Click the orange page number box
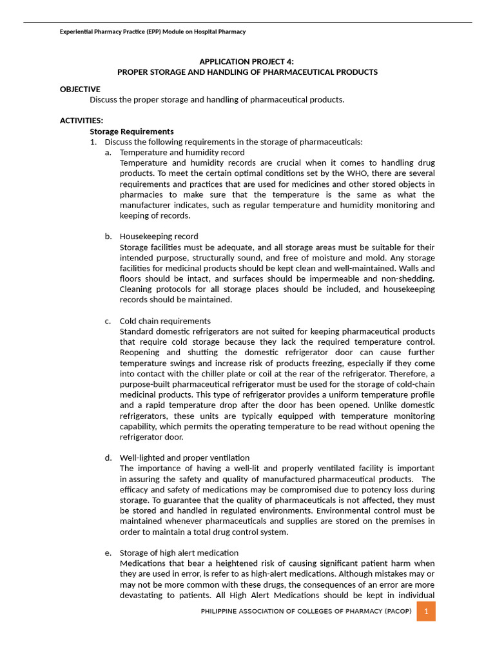[426, 611]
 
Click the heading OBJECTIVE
[80, 89]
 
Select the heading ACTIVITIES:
[81, 121]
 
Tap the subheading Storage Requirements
[131, 131]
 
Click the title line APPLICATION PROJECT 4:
[247, 61]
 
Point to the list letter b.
[108, 237]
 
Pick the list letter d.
[108, 458]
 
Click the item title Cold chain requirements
[165, 321]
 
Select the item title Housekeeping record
[159, 237]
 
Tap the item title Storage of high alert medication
[179, 553]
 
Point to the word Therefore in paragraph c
[410, 374]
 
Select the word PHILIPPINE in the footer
[224, 611]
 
